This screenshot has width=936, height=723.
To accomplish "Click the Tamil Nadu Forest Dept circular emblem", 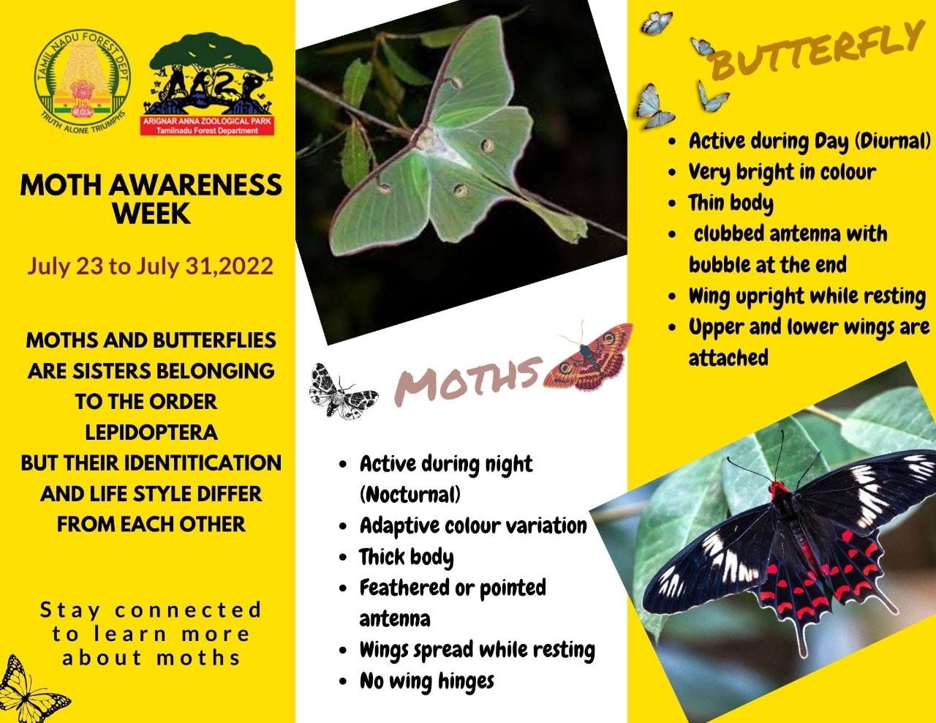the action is pos(83,82).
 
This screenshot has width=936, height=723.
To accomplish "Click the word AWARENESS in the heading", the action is pos(195,185).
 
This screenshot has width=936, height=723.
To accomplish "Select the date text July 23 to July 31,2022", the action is pos(151,266).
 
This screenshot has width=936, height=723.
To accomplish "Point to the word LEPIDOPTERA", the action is pos(151,432).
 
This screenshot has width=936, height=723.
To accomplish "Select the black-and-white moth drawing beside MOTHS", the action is pos(342,392).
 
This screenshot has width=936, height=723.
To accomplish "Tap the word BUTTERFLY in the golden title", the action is pos(816,50).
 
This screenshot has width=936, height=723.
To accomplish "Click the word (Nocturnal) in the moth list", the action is pos(410,495).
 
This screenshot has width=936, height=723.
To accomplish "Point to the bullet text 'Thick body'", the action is pos(406,557).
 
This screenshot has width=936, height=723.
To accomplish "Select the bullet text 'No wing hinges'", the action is pos(426,681).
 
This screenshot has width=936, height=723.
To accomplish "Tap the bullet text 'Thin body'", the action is pos(731,203).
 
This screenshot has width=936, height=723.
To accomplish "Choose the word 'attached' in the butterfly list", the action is pos(728,358).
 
